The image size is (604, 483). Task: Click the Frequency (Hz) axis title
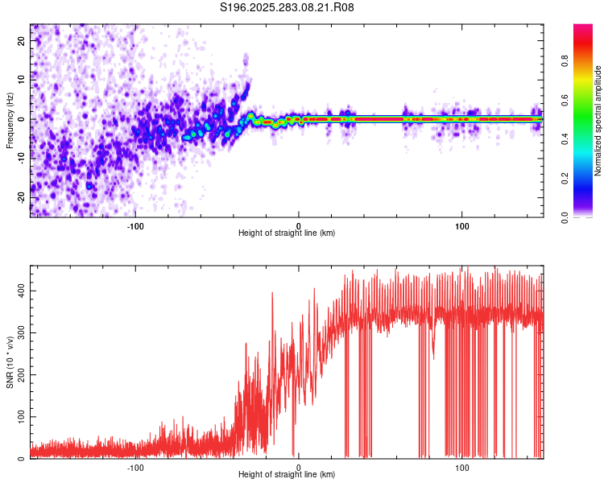[10, 120]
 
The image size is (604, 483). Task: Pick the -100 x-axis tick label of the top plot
[135, 225]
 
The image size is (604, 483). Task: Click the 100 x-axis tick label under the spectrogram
[462, 225]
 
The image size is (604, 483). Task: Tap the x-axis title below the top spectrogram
[287, 233]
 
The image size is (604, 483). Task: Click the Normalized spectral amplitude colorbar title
[598, 121]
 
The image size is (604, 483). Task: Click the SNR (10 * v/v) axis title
[10, 362]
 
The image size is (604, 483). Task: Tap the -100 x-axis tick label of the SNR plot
[135, 468]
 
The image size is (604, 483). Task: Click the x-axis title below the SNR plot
[287, 476]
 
